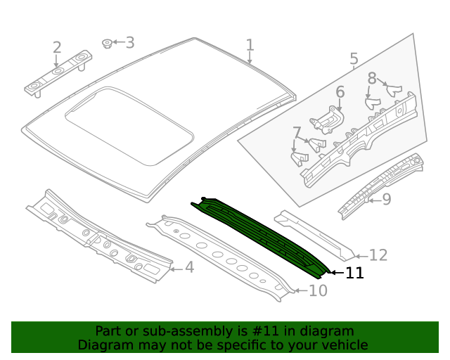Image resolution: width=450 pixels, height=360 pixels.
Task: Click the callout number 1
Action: tap(250, 46)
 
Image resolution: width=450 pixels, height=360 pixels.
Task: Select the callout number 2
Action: tap(57, 48)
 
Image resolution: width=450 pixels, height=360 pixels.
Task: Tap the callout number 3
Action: tap(129, 43)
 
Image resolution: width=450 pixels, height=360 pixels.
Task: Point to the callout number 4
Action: tap(188, 267)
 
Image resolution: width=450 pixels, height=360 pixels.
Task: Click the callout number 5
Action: tap(354, 60)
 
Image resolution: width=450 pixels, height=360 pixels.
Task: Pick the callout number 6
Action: tap(340, 92)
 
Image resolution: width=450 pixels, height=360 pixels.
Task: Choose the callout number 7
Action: tap(297, 133)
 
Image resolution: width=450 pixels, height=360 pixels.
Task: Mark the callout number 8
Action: tap(372, 79)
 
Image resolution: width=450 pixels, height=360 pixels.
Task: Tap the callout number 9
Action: tap(386, 200)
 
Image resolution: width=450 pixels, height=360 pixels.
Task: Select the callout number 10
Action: tap(318, 290)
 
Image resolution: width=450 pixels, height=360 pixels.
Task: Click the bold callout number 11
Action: tap(354, 273)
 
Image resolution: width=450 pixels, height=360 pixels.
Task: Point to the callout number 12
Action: tap(378, 255)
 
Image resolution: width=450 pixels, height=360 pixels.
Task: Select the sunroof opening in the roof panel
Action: tap(130, 124)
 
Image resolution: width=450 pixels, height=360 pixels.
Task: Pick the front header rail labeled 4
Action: tap(98, 236)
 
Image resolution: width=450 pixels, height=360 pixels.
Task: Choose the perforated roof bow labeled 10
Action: tap(221, 257)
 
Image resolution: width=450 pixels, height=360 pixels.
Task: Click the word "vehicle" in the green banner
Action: tap(343, 345)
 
